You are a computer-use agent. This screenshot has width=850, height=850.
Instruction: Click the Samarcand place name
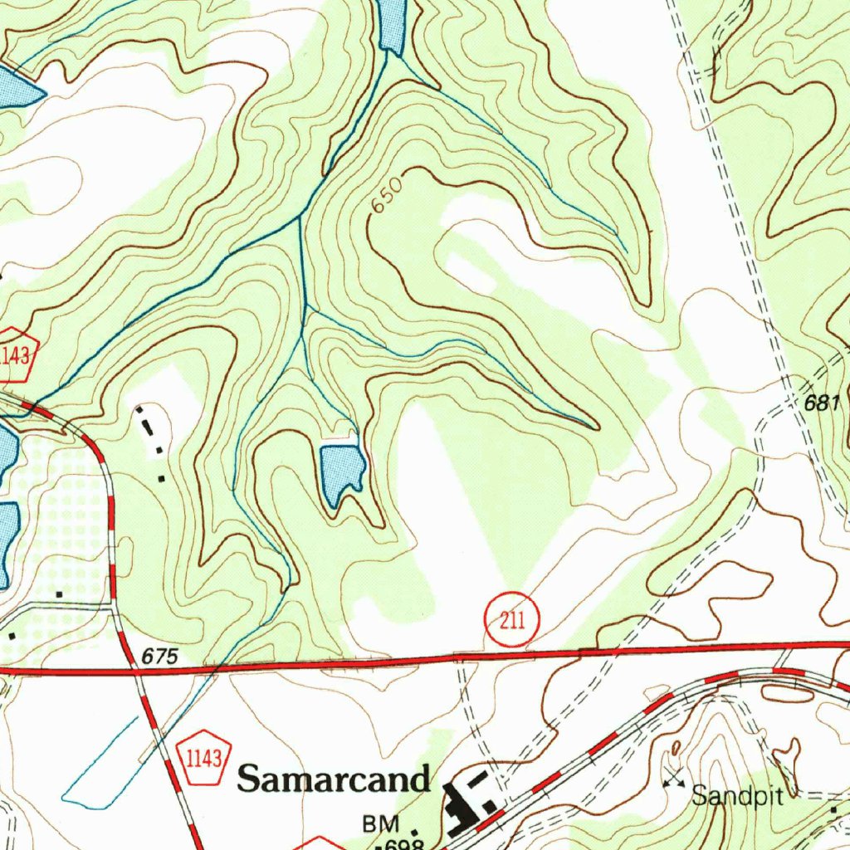(334, 779)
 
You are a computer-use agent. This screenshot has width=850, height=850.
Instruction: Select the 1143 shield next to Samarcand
(203, 758)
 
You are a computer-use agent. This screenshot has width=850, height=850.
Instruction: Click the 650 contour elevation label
(387, 195)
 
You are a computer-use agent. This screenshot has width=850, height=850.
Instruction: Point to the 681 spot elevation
(823, 403)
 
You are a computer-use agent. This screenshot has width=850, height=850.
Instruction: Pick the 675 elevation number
(159, 657)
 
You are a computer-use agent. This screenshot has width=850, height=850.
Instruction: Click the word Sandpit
(738, 797)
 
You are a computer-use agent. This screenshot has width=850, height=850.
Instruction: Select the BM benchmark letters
(381, 824)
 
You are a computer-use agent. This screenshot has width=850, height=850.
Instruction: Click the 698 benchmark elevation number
(406, 844)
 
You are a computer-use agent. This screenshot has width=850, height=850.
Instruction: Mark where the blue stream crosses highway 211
(214, 667)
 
